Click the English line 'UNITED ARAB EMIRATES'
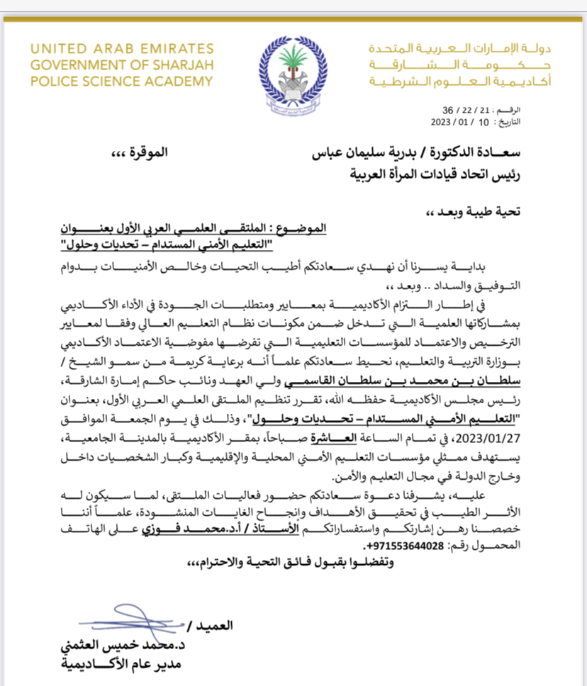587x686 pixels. (x=121, y=50)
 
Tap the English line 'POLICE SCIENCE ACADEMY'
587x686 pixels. (x=121, y=81)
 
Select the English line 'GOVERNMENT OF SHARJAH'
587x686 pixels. (x=121, y=65)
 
